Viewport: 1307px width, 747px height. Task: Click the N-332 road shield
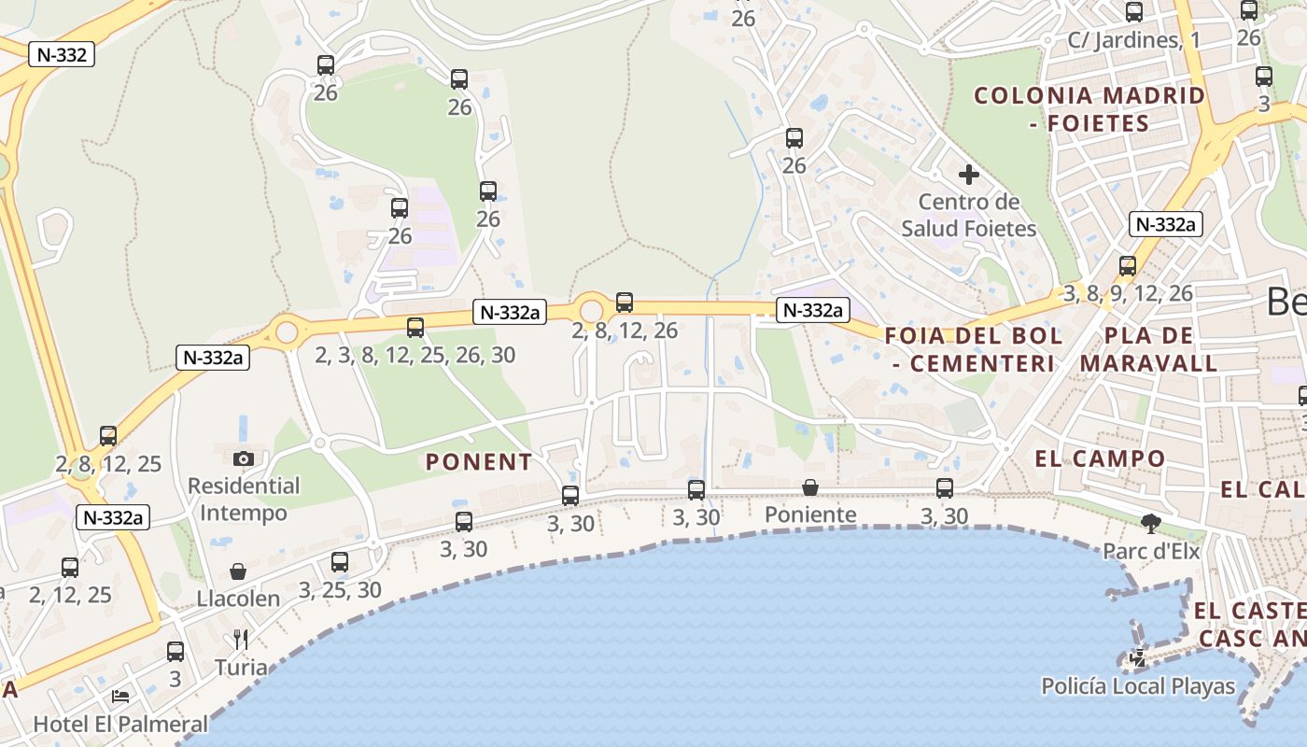[63, 54]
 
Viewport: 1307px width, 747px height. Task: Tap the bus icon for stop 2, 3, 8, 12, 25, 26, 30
[415, 328]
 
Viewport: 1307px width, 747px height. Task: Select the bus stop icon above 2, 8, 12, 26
[625, 303]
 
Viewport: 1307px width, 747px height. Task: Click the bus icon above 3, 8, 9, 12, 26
[1128, 266]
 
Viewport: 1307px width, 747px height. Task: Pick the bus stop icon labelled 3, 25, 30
[340, 562]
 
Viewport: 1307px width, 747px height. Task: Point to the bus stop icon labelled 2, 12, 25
[70, 567]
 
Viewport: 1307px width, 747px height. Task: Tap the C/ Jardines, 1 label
[1133, 40]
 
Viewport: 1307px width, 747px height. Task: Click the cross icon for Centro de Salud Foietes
[969, 175]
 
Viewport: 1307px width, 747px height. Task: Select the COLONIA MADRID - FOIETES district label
[1089, 109]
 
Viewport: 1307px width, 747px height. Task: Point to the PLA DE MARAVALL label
[1149, 349]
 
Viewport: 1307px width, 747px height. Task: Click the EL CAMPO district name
[1100, 458]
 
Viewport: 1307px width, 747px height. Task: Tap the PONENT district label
[479, 461]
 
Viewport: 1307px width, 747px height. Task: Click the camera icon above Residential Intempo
[244, 458]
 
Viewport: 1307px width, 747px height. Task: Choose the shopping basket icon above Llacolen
[238, 571]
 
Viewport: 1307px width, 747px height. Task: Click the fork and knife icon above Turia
[241, 640]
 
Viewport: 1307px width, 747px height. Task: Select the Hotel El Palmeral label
[120, 724]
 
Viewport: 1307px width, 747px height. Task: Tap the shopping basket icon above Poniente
[810, 487]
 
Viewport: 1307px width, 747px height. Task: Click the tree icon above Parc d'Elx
[1150, 524]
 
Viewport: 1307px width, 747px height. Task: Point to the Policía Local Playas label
[1138, 687]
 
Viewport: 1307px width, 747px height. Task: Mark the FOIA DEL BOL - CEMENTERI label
[973, 349]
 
